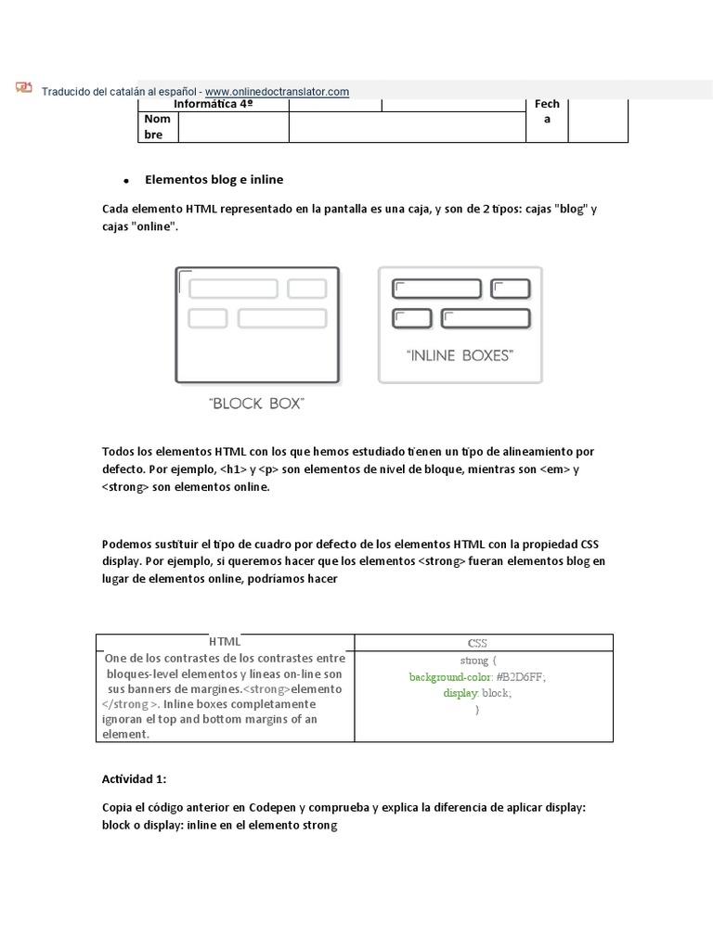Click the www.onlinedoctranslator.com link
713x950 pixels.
click(277, 91)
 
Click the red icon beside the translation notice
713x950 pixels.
click(23, 88)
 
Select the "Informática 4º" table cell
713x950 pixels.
click(214, 105)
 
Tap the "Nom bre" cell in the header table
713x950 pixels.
click(158, 127)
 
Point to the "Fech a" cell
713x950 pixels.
click(547, 112)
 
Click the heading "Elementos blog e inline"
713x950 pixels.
click(214, 179)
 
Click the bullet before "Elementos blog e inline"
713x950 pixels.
click(124, 180)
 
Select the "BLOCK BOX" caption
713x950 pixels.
click(257, 404)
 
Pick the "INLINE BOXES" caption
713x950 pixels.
click(460, 354)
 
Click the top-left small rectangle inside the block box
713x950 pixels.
click(233, 289)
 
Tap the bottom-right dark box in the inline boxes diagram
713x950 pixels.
click(485, 319)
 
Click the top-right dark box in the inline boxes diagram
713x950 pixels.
click(510, 289)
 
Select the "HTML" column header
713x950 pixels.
click(225, 641)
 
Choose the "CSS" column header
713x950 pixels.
click(477, 642)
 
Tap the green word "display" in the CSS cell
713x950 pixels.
click(460, 693)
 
